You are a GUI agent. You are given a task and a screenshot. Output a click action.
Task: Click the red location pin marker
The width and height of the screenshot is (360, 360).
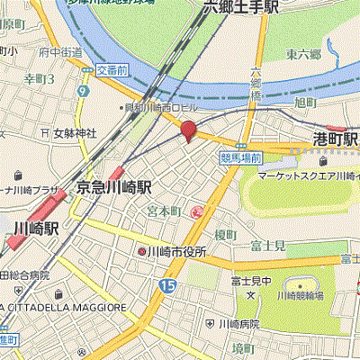click(188, 130)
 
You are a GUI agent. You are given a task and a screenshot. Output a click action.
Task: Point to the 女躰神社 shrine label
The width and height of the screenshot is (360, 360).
click(67, 134)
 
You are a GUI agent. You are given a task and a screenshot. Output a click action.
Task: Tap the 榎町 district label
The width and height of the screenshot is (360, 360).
click(225, 234)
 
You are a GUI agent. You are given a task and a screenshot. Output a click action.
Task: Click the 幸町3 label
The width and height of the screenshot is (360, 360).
click(40, 79)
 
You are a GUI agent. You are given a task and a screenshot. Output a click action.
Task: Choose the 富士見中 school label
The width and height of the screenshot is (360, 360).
click(250, 282)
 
